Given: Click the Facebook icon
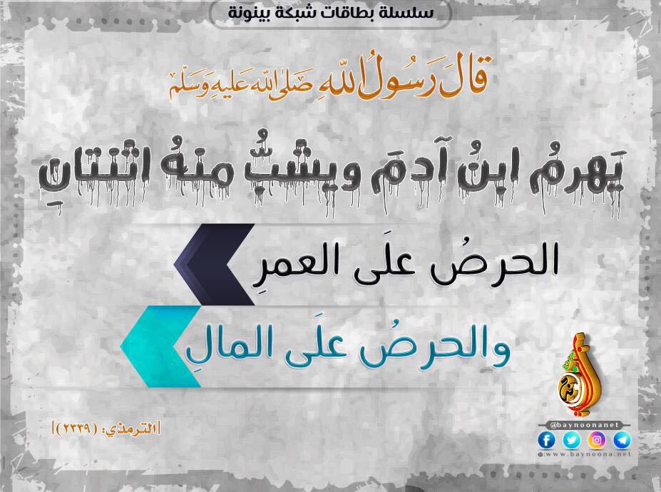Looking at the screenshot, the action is (x=546, y=441).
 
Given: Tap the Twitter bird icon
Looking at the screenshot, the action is (x=571, y=441).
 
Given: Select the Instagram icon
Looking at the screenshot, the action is (x=597, y=441).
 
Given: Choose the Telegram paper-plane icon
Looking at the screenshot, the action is (x=622, y=441).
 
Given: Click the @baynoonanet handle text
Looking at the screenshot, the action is (x=584, y=425).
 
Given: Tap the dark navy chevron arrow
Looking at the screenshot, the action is (x=214, y=265).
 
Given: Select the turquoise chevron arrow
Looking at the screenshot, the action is (x=160, y=347).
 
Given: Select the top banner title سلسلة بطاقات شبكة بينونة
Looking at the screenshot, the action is (x=331, y=11).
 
